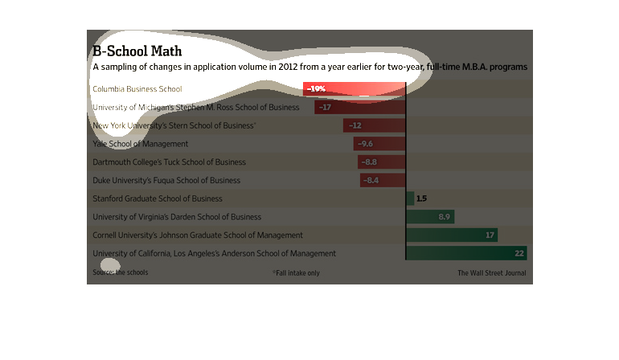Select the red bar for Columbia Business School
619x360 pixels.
pos(355,88)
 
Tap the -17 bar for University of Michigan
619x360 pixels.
pos(360,107)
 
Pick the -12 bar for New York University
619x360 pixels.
pos(375,125)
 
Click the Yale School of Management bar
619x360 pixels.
pos(379,144)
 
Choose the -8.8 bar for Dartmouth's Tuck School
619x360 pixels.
pos(382,162)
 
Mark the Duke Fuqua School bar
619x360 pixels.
pos(383,180)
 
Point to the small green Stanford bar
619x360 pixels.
pos(410,198)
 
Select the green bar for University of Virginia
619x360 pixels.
pos(430,216)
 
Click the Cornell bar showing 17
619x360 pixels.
pos(452,235)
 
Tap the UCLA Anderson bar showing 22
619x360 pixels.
pos(466,253)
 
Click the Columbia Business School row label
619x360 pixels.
pos(137,88)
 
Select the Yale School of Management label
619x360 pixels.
pos(141,144)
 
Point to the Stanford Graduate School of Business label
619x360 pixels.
pos(158,198)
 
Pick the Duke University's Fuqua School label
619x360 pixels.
pos(166,180)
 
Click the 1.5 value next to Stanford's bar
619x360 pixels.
pos(421,198)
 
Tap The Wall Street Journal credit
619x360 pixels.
pos(491,273)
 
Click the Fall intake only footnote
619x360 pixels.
pos(296,273)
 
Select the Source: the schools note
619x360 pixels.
pos(120,272)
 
